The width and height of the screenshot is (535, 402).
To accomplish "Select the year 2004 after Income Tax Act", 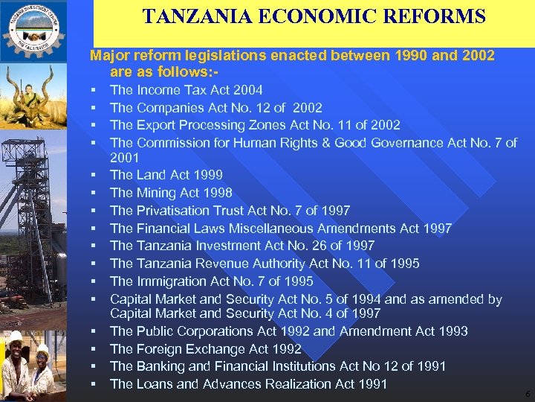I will coord(247,90).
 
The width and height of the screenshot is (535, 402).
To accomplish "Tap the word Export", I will coord(153,124).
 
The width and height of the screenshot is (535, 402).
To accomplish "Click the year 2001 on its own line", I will coord(124,158).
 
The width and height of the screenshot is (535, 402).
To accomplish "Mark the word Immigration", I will coord(169,281).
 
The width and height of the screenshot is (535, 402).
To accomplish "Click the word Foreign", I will coord(158,349).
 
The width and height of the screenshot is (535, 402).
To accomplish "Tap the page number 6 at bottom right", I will coord(527,394).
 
